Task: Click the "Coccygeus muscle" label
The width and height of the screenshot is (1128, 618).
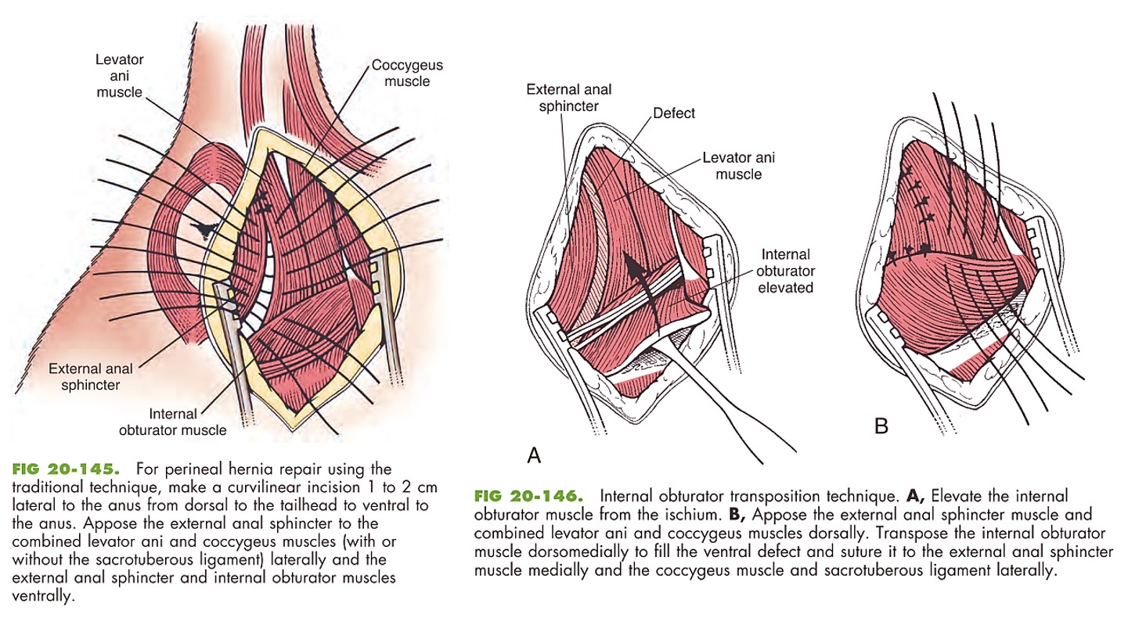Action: pyautogui.click(x=401, y=73)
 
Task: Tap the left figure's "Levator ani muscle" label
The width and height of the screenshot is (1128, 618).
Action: pyautogui.click(x=119, y=76)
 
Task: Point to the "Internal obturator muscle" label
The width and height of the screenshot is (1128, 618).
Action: pyautogui.click(x=172, y=422)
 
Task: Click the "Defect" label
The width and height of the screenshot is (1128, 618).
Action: pyautogui.click(x=673, y=113)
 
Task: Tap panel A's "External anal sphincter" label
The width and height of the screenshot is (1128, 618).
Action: pyautogui.click(x=569, y=98)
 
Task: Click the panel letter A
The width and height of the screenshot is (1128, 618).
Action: pyautogui.click(x=534, y=455)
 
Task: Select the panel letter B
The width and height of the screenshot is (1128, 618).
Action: pyautogui.click(x=881, y=426)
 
